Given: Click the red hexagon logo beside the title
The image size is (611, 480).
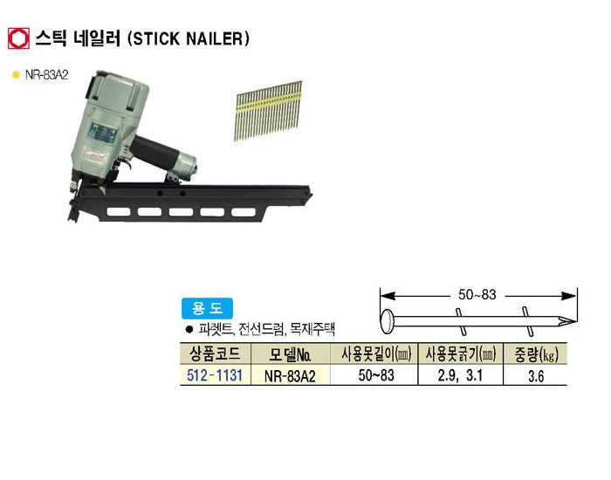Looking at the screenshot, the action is click(x=18, y=38).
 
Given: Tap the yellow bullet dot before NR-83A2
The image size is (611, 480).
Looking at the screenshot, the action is click(x=16, y=75).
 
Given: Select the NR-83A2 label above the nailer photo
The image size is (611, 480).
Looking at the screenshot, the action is click(x=47, y=75).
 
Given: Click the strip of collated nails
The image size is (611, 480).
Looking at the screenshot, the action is click(x=269, y=111).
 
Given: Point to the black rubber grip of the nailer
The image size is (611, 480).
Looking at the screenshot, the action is click(x=155, y=153).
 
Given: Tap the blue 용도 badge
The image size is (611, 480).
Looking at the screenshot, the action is click(x=207, y=309).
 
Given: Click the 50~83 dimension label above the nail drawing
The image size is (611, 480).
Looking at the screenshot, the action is click(x=477, y=295).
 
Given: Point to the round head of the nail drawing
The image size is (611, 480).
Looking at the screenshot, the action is click(x=388, y=321).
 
